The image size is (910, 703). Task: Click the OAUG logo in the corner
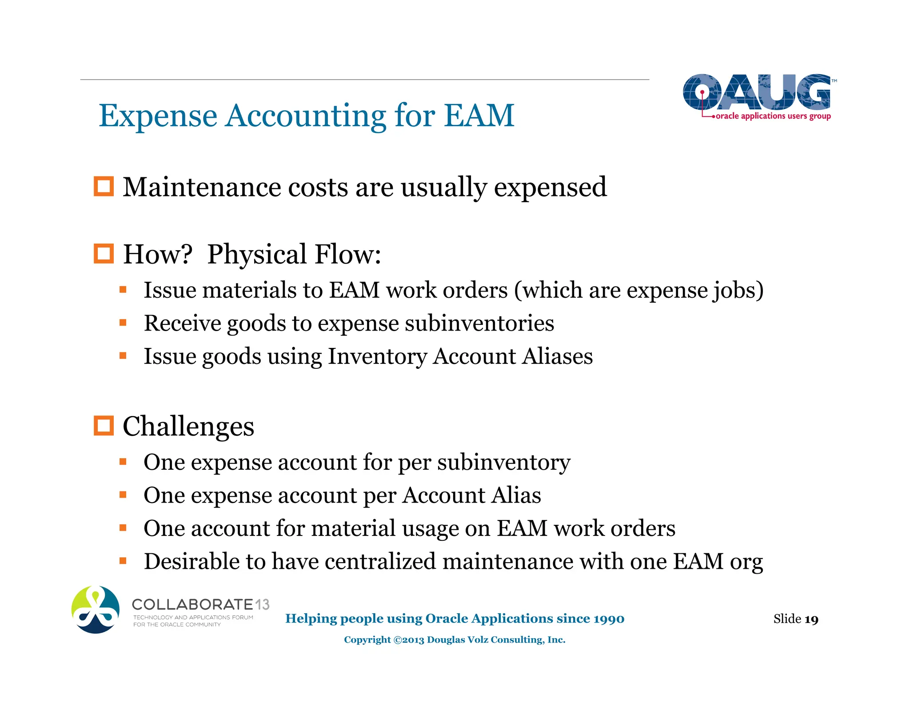pos(757,92)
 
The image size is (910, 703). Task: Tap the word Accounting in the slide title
pos(306,116)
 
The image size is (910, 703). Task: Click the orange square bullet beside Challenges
pos(104,426)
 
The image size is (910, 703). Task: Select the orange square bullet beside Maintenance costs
pos(104,186)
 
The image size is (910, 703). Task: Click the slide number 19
pos(811,619)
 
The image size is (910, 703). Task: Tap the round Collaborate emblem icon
pos(96,609)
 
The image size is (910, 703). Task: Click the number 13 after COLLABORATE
pos(262,604)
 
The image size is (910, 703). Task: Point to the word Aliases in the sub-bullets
pos(558,356)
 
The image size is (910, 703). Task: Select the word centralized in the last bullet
pos(380,561)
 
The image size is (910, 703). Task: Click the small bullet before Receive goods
pos(123,323)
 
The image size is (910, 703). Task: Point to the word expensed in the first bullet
pos(550,187)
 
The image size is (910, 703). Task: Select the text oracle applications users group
pos(773,116)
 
